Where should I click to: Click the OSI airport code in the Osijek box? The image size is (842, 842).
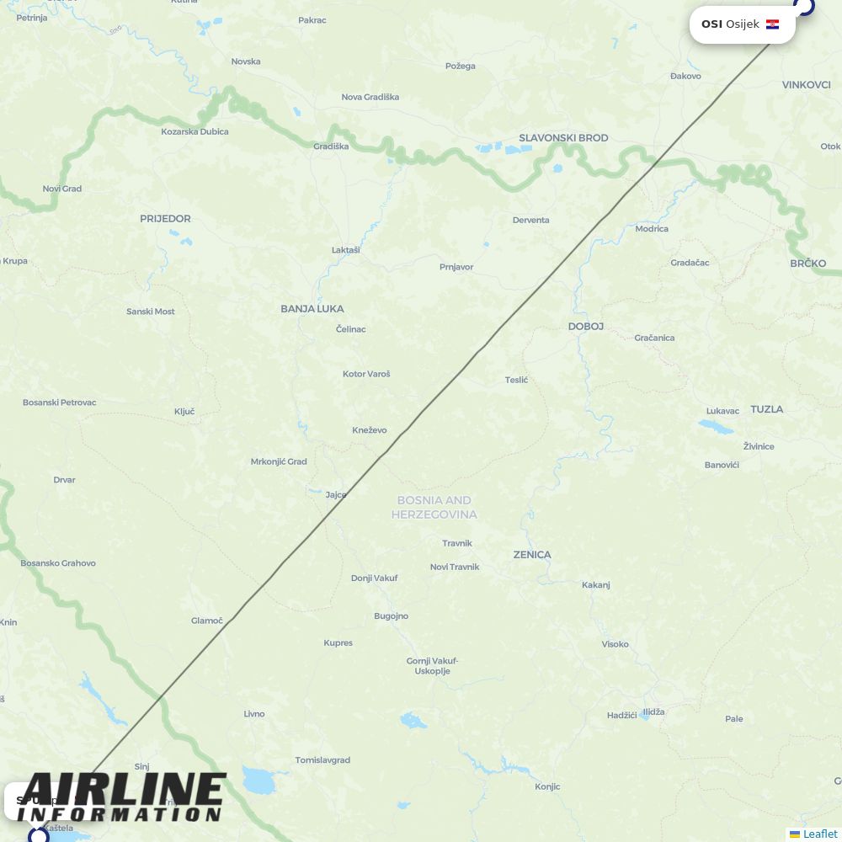(x=711, y=24)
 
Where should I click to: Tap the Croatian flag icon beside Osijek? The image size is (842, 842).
(x=772, y=24)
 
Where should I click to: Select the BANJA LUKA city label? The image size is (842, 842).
(x=312, y=309)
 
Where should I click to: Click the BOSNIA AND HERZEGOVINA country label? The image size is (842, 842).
(x=434, y=507)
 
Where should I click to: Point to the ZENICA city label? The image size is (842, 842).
(x=532, y=555)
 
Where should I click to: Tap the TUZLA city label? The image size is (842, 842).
(x=766, y=409)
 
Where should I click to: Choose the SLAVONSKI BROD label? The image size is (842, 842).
(x=563, y=138)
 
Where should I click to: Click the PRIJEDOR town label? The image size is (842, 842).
(x=165, y=219)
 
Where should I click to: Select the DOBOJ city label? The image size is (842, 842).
(x=586, y=326)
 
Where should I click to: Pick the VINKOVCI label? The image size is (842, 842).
(x=806, y=85)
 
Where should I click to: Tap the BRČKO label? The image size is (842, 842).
(x=808, y=264)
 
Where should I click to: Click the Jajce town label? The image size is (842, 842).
(x=336, y=495)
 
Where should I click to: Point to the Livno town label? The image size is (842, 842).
(x=254, y=714)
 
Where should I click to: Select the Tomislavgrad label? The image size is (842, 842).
(x=322, y=760)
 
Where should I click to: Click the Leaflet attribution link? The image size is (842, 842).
(x=820, y=834)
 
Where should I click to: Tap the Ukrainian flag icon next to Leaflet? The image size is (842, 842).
(x=795, y=834)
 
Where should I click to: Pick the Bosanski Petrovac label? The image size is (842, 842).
(x=60, y=402)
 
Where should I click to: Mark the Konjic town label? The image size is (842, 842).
(x=547, y=787)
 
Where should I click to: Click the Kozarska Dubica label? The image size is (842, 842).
(x=195, y=131)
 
